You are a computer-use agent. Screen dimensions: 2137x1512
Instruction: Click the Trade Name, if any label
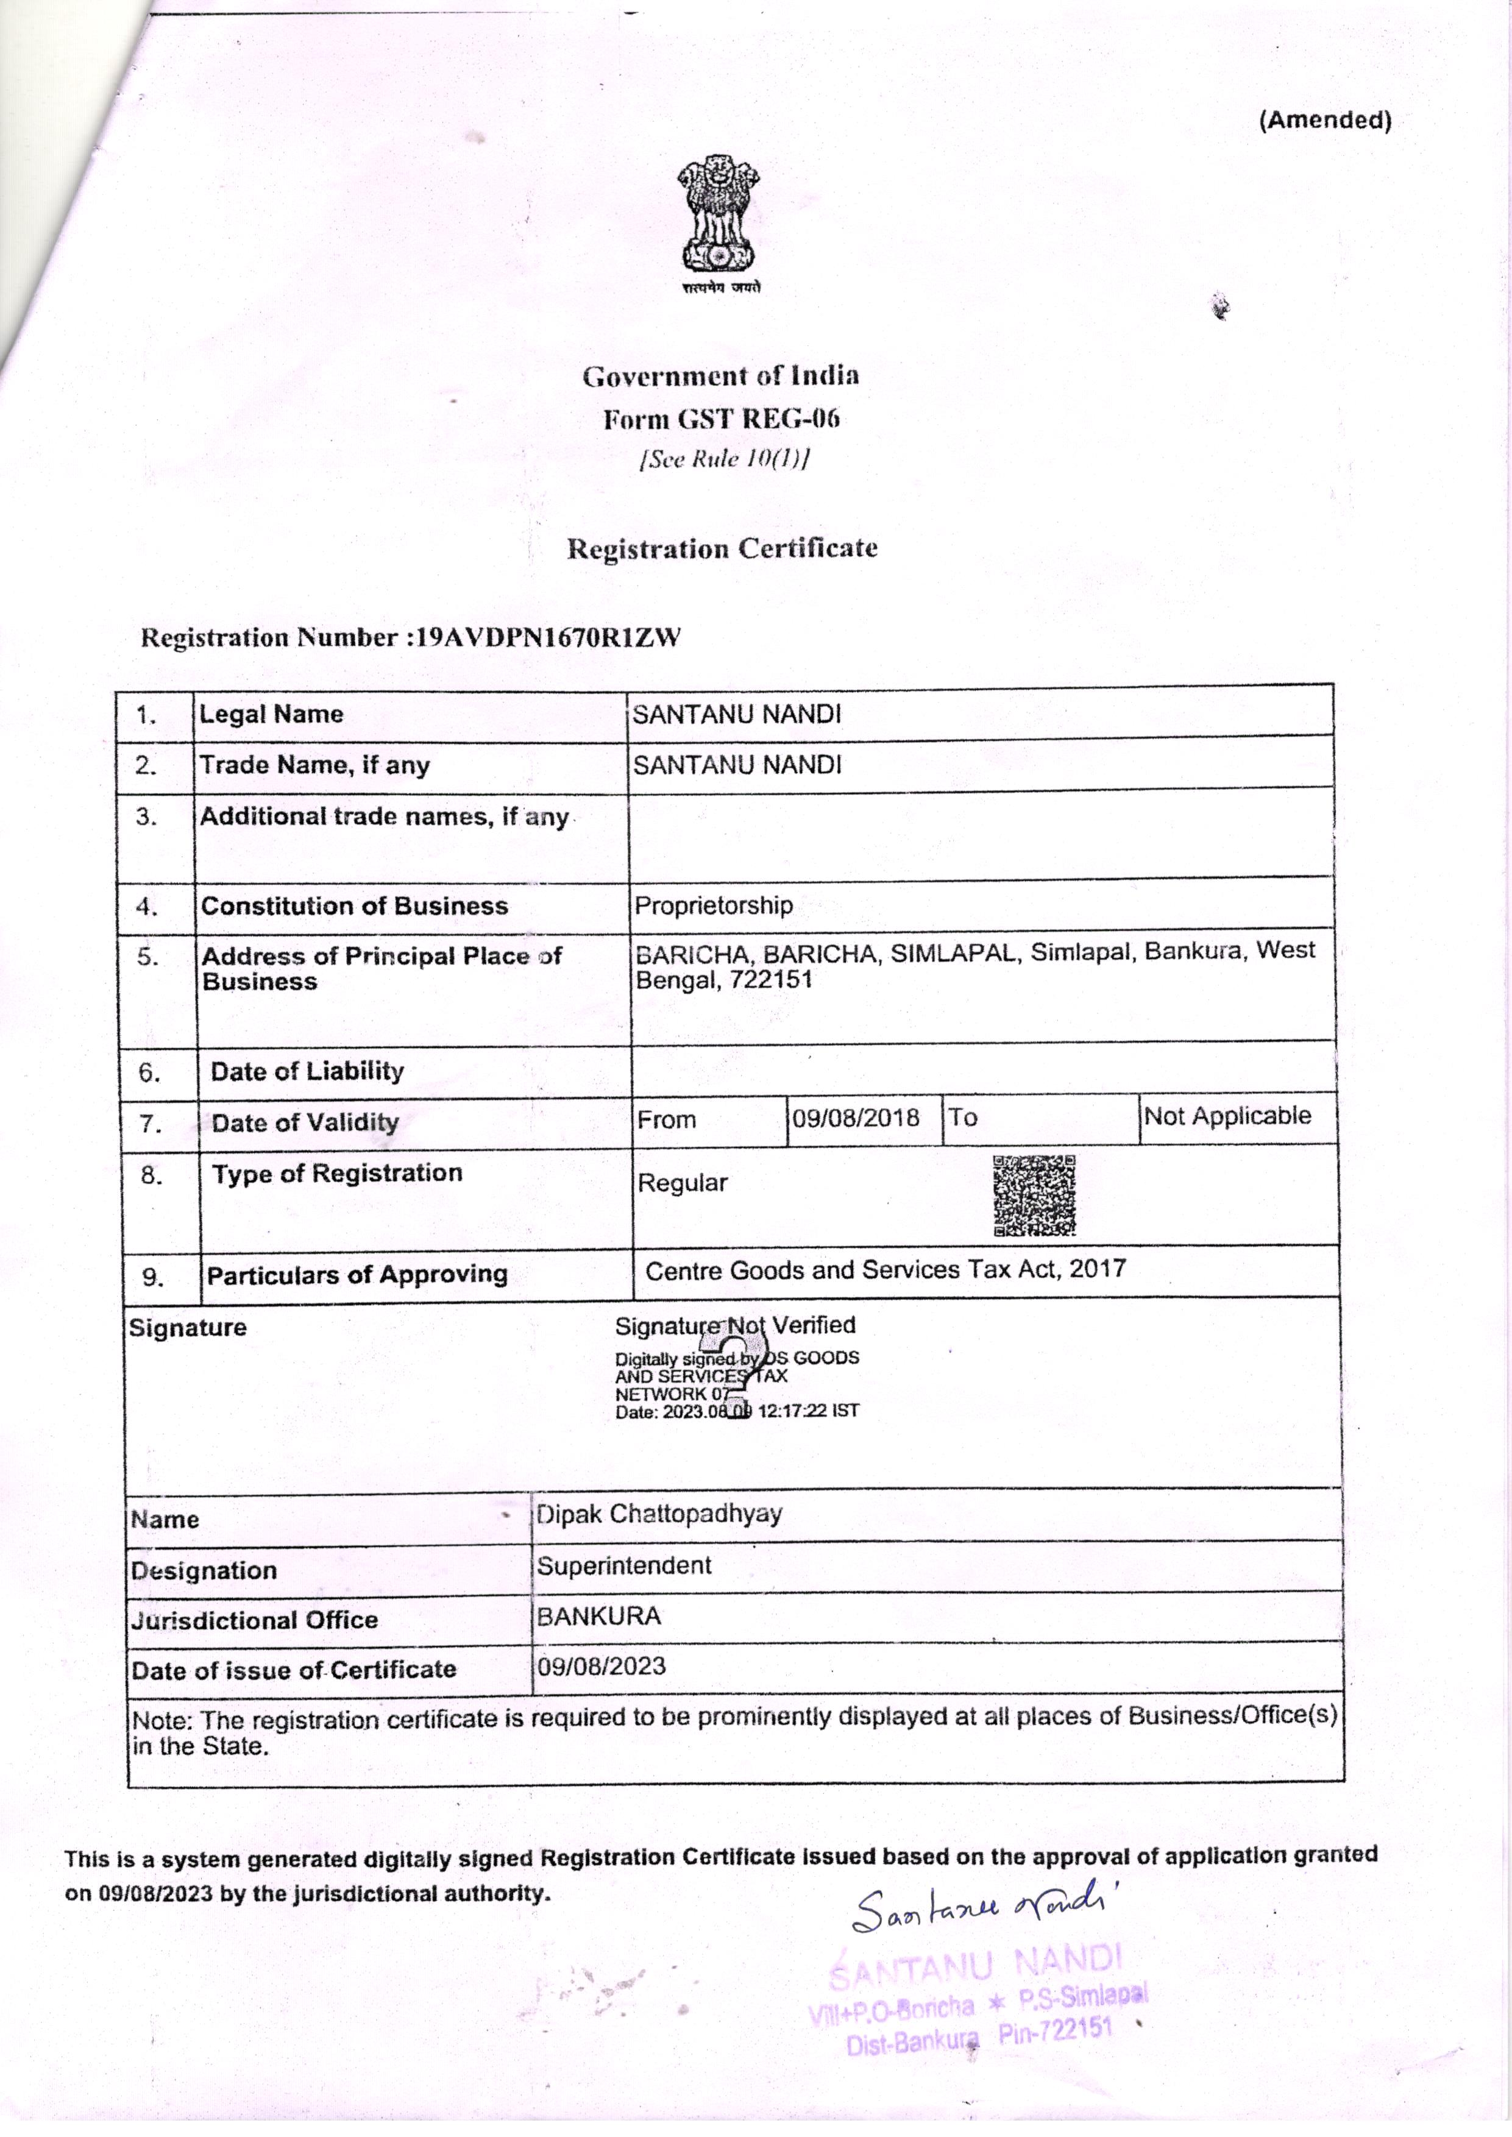pyautogui.click(x=314, y=765)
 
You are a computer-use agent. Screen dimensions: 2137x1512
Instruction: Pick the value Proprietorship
pyautogui.click(x=713, y=905)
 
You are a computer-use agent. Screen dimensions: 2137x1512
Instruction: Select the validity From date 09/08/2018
pyautogui.click(x=854, y=1118)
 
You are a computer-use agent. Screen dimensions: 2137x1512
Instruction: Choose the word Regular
pyautogui.click(x=683, y=1183)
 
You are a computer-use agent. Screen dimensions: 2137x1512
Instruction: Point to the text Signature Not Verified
pyautogui.click(x=734, y=1325)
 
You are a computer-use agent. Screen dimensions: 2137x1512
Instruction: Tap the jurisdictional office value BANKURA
pyautogui.click(x=598, y=1616)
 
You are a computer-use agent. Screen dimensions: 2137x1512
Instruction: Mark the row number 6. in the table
pyautogui.click(x=149, y=1072)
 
